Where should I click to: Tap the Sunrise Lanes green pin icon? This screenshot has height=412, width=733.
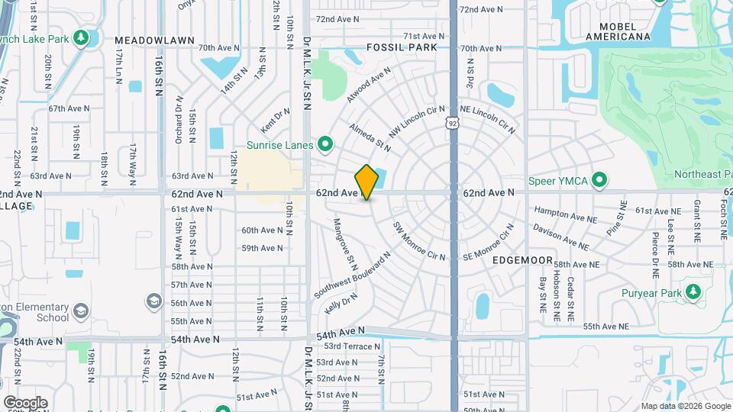[x=326, y=143]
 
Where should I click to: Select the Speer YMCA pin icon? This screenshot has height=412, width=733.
[x=600, y=180]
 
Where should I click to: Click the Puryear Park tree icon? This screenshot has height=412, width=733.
[x=693, y=291]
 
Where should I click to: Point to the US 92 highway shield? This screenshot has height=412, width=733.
[x=454, y=122]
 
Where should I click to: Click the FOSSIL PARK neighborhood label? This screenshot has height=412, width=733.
[x=401, y=47]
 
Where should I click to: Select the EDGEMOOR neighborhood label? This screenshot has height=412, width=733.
[x=522, y=260]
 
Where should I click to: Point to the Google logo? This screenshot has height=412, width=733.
[x=25, y=402]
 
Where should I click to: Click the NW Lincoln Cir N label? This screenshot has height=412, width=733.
[x=415, y=122]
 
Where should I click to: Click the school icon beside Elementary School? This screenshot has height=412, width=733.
[x=82, y=313]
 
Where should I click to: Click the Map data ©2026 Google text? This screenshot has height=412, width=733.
[x=684, y=406]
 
